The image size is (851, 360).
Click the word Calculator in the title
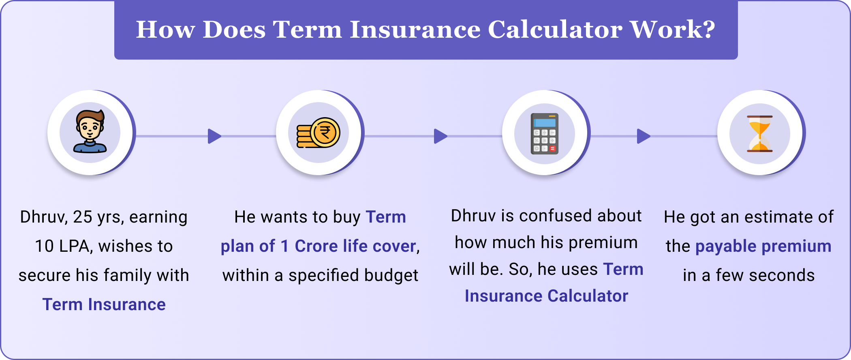pos(555,30)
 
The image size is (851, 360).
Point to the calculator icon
pos(545,133)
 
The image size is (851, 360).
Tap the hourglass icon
pos(760,133)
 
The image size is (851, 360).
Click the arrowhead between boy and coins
pos(214,136)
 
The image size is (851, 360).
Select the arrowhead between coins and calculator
pos(440,136)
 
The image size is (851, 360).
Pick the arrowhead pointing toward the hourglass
pos(643,136)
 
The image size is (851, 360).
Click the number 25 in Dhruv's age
pos(82,217)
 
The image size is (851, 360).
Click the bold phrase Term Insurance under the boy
pos(104,304)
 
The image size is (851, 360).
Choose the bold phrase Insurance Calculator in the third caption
pos(546,296)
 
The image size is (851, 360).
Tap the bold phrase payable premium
pos(763,246)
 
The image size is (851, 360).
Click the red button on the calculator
pos(552,149)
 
